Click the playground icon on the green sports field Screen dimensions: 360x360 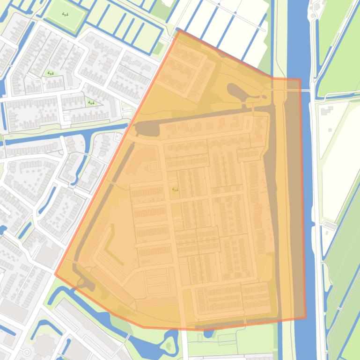coord(65,14)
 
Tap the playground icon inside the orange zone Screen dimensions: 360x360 coord(176,189)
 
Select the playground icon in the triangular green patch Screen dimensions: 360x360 coord(91,102)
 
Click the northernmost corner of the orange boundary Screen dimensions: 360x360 coord(178,29)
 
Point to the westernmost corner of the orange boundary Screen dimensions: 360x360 coord(55,274)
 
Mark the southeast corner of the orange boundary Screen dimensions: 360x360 coord(306,318)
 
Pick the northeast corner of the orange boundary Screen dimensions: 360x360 coord(300,79)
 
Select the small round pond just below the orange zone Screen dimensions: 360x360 coord(208,334)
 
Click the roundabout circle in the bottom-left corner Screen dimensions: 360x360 coord(27,352)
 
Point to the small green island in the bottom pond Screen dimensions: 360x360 coord(169,346)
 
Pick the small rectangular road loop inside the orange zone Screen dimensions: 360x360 coord(153,166)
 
